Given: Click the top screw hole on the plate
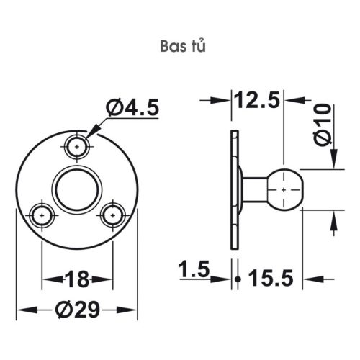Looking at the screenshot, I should [x=77, y=146].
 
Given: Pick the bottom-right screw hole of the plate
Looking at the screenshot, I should [x=112, y=214].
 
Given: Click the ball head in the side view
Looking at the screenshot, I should [x=286, y=188].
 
